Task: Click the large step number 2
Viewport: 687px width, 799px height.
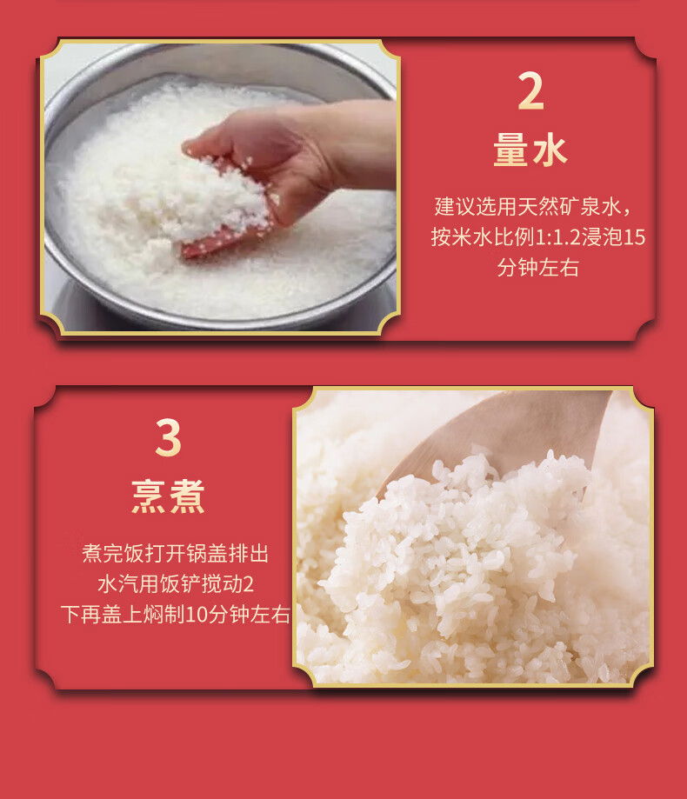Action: (530, 90)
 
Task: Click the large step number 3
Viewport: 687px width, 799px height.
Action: (168, 437)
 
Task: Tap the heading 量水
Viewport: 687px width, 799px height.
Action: (530, 150)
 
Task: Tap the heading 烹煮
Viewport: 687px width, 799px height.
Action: (168, 496)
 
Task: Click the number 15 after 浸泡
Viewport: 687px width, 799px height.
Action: (635, 237)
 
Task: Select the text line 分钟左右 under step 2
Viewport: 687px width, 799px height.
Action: (537, 268)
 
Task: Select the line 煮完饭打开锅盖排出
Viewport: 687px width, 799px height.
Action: (176, 554)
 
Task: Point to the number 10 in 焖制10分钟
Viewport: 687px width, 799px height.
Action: (197, 615)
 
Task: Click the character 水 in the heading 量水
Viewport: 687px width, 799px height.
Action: (550, 150)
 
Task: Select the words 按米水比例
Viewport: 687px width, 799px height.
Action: (483, 237)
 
